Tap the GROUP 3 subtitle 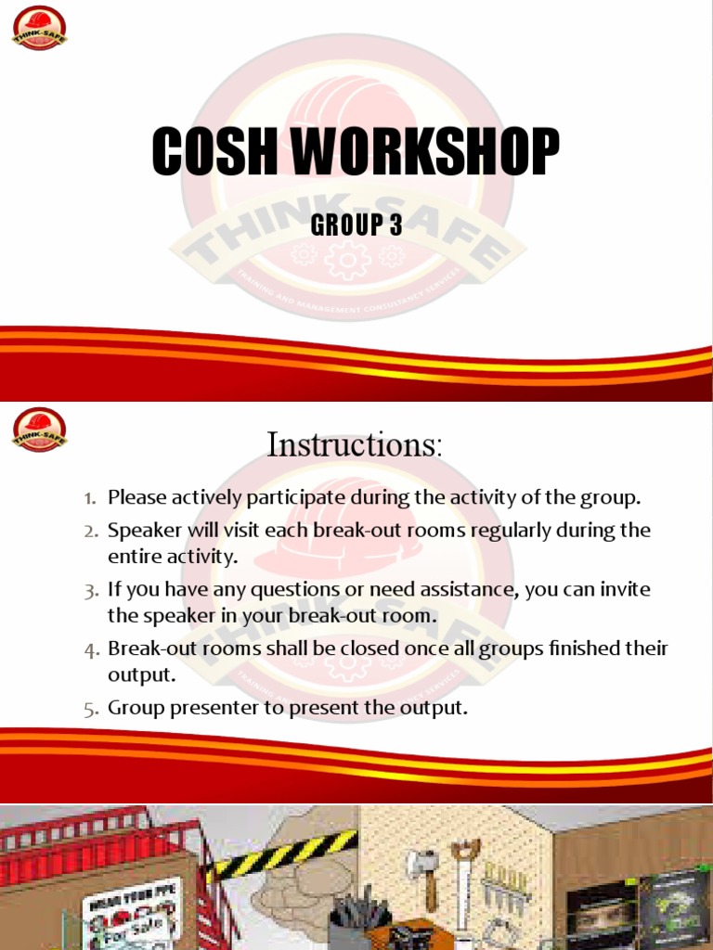(x=356, y=225)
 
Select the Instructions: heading (x=355, y=444)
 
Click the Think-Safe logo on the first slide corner (x=39, y=28)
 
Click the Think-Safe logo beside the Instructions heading (x=39, y=430)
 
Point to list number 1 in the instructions (x=90, y=498)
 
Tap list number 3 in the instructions (x=90, y=590)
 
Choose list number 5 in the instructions (x=90, y=709)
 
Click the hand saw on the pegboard (x=463, y=881)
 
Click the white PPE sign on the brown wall (x=130, y=914)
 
